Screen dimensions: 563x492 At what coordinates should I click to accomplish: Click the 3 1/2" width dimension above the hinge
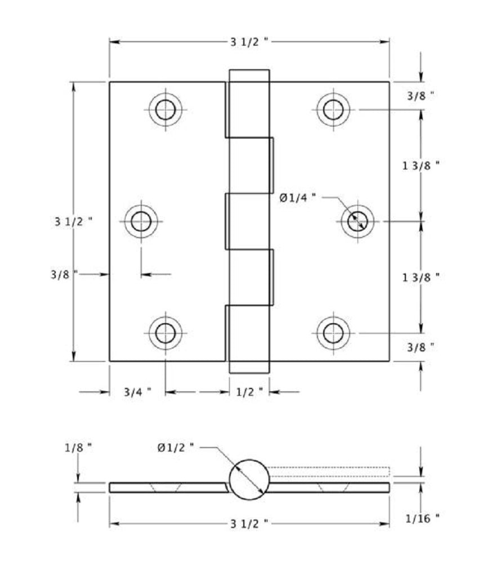coord(249,42)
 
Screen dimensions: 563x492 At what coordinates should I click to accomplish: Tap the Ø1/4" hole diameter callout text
coord(298,197)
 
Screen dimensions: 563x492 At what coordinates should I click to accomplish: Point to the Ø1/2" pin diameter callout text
coord(176,448)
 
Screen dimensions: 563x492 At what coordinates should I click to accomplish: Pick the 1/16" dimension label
coord(422,516)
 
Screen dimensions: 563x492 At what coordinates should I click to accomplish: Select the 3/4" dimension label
coord(137,392)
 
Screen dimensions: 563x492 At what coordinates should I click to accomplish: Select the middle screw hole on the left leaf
coord(141,221)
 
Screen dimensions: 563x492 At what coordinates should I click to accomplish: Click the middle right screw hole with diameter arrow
coord(357,221)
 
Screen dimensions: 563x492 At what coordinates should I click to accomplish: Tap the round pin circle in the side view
coord(249,480)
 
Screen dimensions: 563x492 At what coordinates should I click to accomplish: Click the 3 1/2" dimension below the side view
coord(249,524)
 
